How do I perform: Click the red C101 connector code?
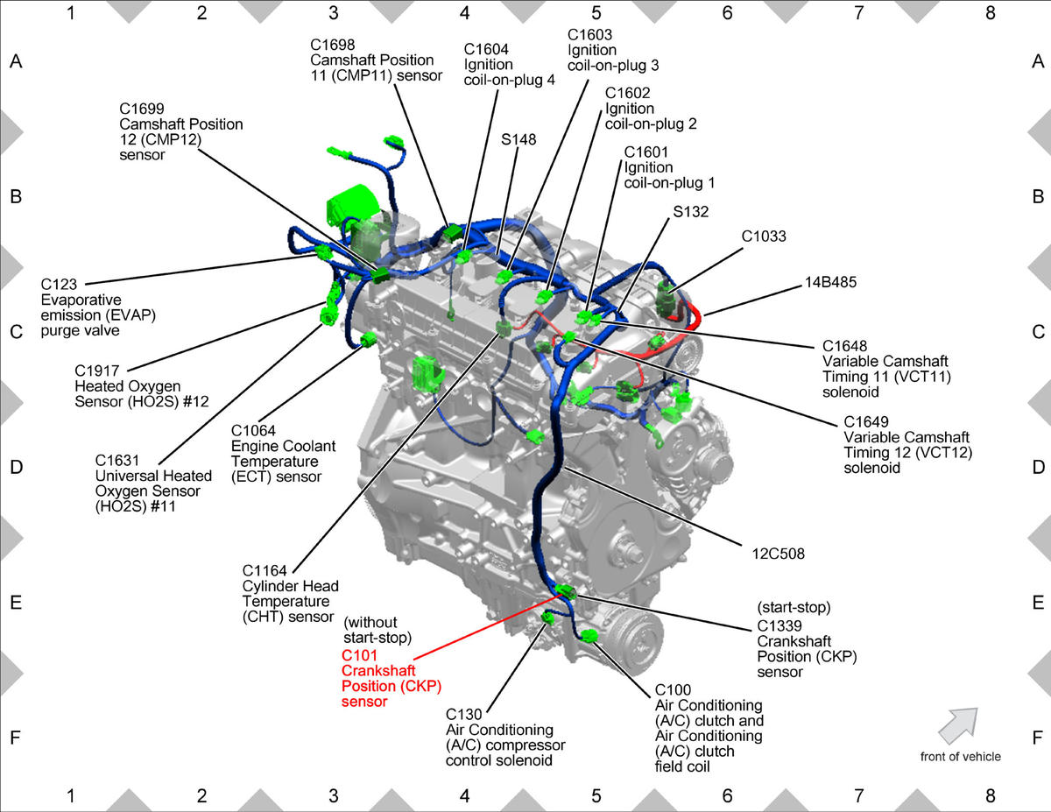point(359,655)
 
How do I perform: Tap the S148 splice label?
point(518,139)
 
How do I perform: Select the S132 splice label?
point(691,211)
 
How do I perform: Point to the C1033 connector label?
point(764,236)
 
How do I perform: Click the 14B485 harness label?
point(830,282)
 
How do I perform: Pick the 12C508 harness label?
point(779,554)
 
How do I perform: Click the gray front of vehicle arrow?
point(958,725)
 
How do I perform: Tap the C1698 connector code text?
point(332,45)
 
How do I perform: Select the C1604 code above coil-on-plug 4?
point(486,49)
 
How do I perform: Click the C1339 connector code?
point(779,625)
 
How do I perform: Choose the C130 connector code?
point(464,714)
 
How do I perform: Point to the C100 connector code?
point(673,689)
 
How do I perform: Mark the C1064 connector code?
point(253,430)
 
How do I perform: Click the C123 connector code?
point(59,284)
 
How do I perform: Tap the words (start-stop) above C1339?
point(794,607)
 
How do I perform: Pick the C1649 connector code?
point(866,421)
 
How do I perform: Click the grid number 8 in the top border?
point(990,13)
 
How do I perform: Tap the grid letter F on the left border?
point(15,738)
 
